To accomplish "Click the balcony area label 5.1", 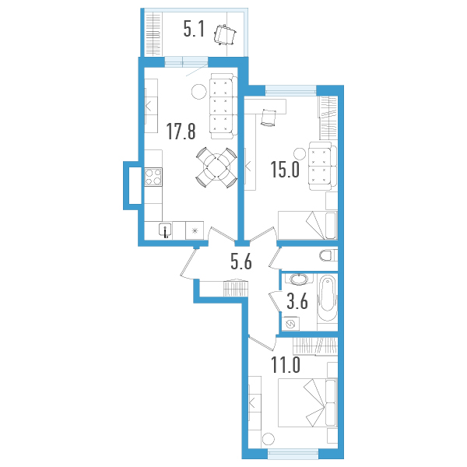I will click(194, 30).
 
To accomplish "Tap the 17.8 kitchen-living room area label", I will click(180, 131).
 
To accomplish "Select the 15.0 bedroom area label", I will click(285, 170).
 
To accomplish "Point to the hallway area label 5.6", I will click(241, 262).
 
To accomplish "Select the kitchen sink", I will click(166, 230).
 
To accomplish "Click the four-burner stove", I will click(153, 177).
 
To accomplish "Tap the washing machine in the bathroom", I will click(291, 324).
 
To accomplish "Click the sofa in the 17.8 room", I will click(222, 103).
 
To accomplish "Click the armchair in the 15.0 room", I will click(321, 166).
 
